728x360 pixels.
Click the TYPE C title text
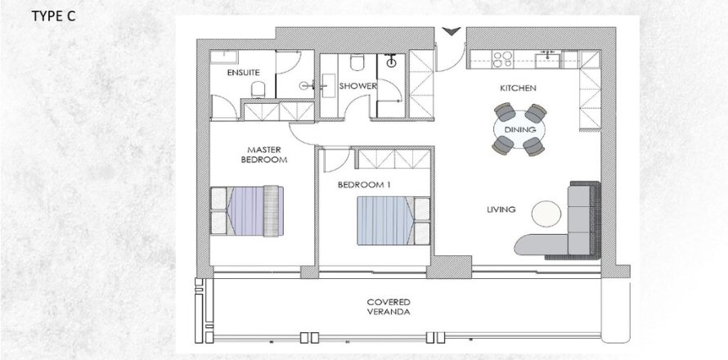point(53,17)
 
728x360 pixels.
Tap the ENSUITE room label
point(244,72)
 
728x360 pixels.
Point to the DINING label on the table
point(519,129)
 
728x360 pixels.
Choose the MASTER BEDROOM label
point(263,155)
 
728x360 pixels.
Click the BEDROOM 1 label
point(364,185)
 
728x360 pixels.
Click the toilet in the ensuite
point(256,90)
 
